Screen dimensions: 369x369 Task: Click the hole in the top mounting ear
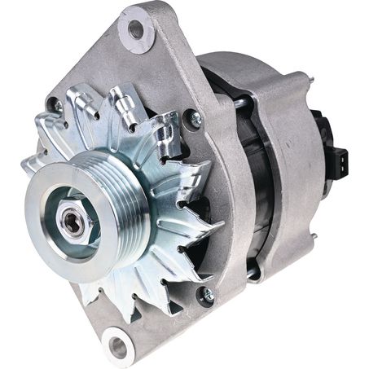[135, 30]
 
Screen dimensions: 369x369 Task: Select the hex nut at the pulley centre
[73, 222]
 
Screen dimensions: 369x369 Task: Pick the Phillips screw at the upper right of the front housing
[194, 119]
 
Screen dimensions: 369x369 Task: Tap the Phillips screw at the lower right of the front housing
[207, 293]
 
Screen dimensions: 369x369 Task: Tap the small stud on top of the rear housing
[309, 79]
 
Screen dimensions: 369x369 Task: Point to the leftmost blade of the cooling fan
[29, 163]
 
